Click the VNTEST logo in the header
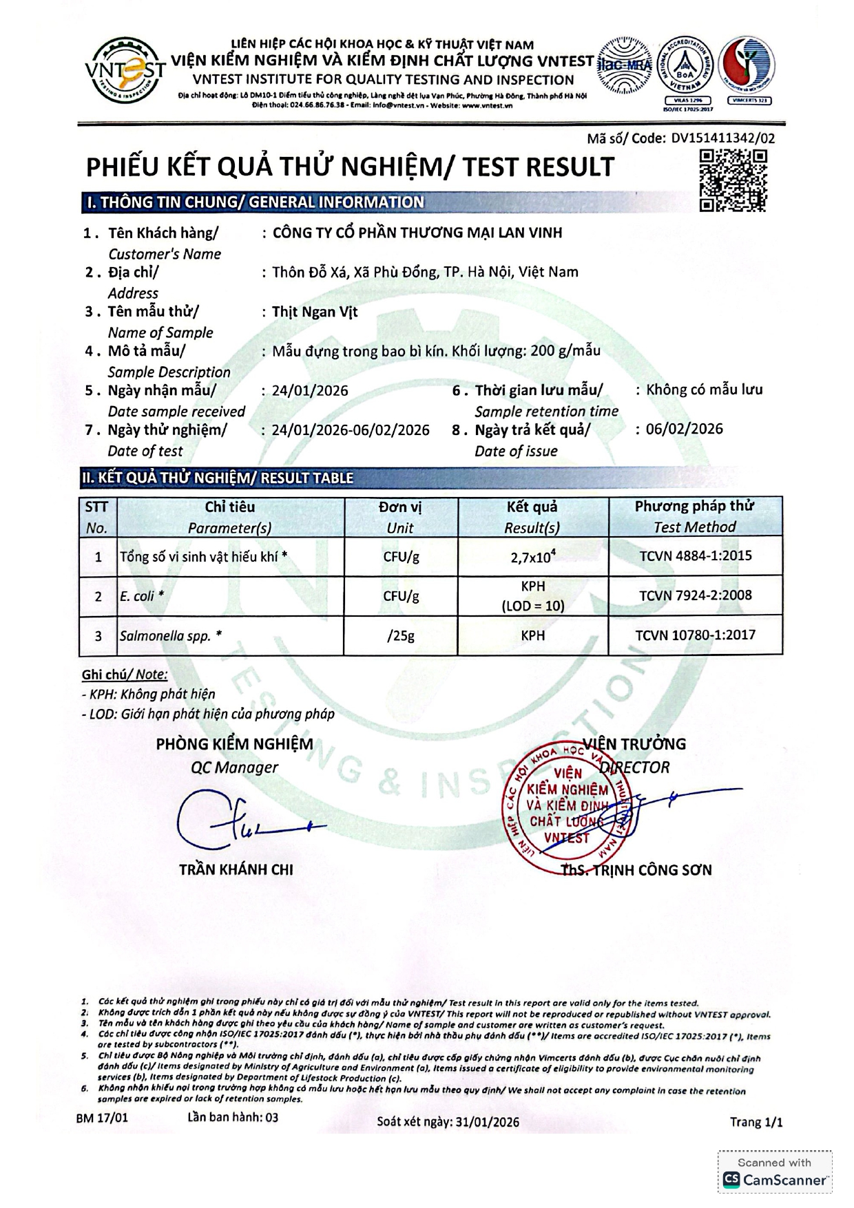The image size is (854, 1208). pyautogui.click(x=126, y=70)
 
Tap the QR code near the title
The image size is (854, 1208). pyautogui.click(x=733, y=180)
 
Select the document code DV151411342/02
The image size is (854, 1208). pyautogui.click(x=722, y=138)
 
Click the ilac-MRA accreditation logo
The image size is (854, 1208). pyautogui.click(x=625, y=65)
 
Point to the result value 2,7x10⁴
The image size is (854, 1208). pyautogui.click(x=532, y=556)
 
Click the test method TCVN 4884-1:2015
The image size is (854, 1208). pyautogui.click(x=696, y=555)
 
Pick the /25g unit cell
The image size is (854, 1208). pyautogui.click(x=401, y=635)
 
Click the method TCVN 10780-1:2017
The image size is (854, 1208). pyautogui.click(x=695, y=635)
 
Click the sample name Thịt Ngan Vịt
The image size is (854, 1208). pyautogui.click(x=315, y=312)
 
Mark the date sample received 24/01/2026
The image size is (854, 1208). pyautogui.click(x=310, y=390)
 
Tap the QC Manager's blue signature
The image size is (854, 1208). pyautogui.click(x=241, y=823)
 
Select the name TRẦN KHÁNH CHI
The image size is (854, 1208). pyautogui.click(x=236, y=869)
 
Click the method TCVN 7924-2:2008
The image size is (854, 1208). pyautogui.click(x=695, y=595)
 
